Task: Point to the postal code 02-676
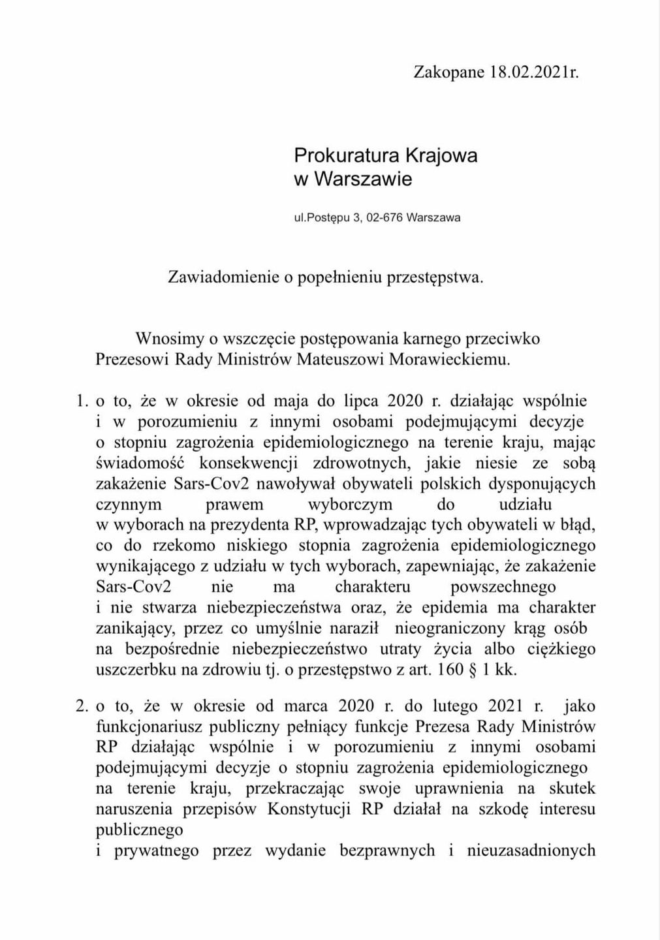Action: [383, 217]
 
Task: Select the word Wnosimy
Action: [167, 339]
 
